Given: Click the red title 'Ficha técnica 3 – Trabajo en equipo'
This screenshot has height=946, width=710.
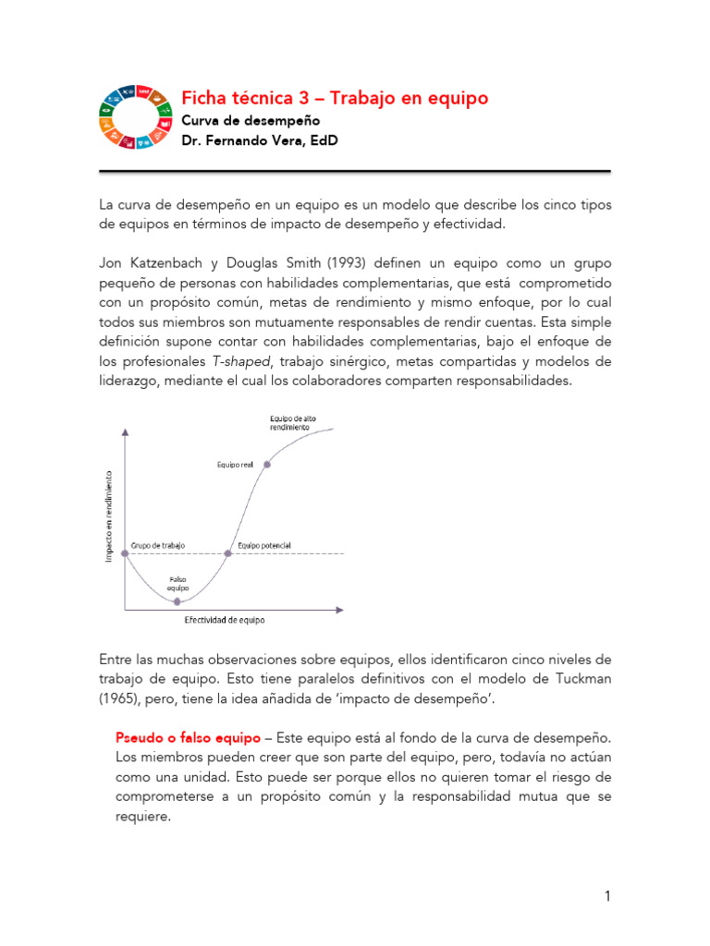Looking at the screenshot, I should click(x=335, y=98).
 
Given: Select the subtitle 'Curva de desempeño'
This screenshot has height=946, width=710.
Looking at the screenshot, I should click(x=250, y=120).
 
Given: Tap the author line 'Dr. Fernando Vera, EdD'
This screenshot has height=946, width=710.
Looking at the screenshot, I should click(x=259, y=141).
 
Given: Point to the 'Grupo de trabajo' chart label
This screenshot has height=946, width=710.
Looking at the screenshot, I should click(x=158, y=545).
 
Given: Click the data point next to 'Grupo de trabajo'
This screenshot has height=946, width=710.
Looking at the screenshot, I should click(x=126, y=553).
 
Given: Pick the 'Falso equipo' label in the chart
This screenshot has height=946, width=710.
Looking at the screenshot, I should click(x=177, y=584).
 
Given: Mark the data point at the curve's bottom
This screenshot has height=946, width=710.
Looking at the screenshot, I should click(x=177, y=601).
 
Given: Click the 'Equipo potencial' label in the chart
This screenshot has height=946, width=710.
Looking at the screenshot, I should click(x=264, y=545).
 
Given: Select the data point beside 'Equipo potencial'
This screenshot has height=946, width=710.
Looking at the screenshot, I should click(x=228, y=553).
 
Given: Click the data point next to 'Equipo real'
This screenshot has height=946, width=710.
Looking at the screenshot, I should click(x=267, y=464).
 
